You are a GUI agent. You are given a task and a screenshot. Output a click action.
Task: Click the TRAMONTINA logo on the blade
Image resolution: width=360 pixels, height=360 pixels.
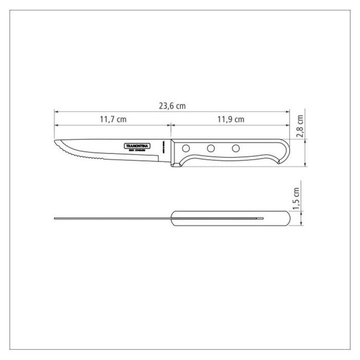tap(140, 146)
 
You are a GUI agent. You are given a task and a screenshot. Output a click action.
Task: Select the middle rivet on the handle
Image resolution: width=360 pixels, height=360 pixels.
tap(210, 149)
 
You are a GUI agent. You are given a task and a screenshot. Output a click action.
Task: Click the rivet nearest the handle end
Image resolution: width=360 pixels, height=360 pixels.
tap(236, 149)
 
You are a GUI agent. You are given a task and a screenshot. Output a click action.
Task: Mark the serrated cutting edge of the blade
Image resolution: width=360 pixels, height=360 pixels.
tap(77, 154)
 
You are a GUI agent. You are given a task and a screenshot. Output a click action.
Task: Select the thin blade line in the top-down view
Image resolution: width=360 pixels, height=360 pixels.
tap(113, 219)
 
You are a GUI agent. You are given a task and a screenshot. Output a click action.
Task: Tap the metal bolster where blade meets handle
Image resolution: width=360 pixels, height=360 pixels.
tap(173, 152)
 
